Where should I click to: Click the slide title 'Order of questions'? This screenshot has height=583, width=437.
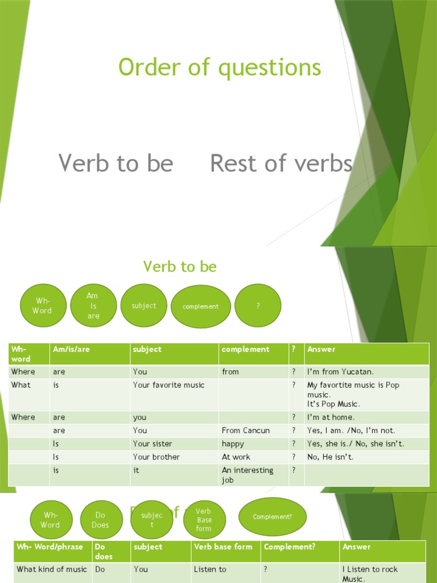pos(220,68)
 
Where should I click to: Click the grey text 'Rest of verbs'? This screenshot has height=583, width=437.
pos(281,163)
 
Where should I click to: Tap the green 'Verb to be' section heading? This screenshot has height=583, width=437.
pos(180,266)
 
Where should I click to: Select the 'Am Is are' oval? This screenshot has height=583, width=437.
pos(93,306)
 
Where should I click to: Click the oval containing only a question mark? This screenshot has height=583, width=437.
pos(258,306)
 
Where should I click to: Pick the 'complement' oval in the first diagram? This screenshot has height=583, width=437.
pos(200,306)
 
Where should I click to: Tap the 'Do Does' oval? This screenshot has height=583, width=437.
pos(100,520)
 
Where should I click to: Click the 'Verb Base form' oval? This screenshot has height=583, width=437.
pos(204,520)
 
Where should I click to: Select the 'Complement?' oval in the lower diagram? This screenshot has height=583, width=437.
pos(273,516)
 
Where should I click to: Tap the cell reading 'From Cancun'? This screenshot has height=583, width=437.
pos(246,430)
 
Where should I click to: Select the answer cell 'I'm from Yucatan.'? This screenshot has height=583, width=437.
pos(340,372)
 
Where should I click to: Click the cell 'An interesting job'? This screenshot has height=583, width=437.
pos(248,475)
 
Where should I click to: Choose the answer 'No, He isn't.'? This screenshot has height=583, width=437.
pos(330,457)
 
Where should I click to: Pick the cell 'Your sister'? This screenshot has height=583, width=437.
pos(152,444)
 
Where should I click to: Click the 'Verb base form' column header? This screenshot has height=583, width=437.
pos(223,547)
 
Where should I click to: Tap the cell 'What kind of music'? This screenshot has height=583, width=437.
pos(52,569)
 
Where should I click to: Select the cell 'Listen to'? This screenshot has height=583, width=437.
pos(210,569)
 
